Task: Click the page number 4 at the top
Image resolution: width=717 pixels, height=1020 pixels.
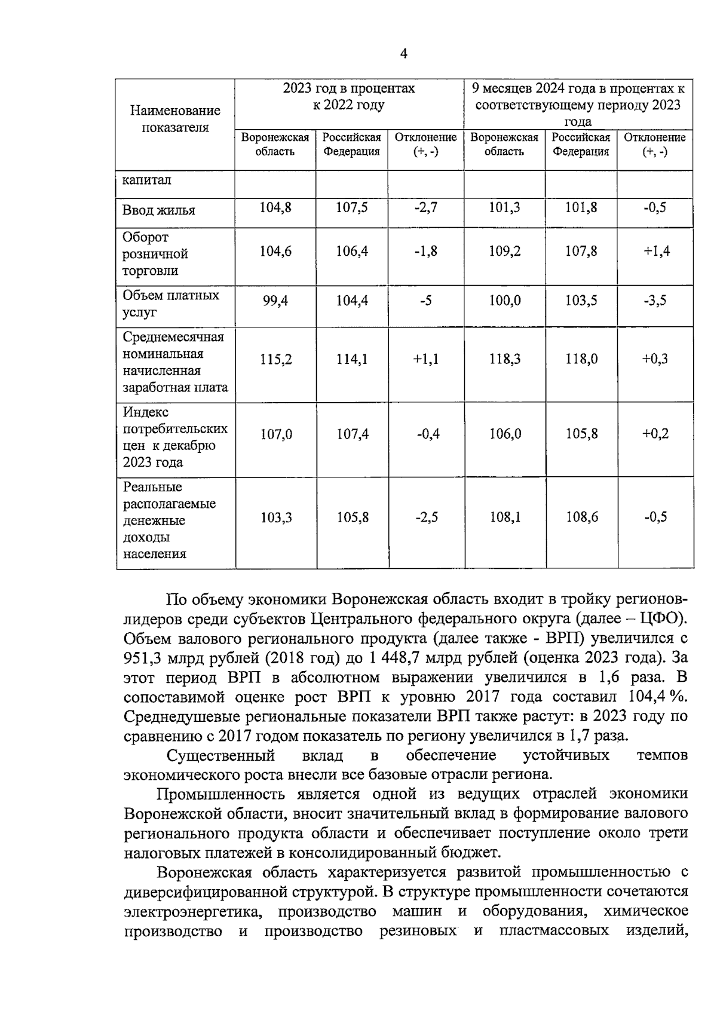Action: pos(403,54)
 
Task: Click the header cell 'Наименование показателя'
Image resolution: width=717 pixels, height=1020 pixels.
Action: pos(175,119)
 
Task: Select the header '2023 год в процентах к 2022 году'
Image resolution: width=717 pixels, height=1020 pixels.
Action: pos(349,97)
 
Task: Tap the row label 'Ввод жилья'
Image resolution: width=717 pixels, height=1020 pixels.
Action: pos(159,210)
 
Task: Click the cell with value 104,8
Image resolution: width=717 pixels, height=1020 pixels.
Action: pos(275,208)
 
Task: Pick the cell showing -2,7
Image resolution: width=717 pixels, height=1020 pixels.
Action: pos(425,208)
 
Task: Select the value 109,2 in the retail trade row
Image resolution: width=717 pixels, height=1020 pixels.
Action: pos(504,252)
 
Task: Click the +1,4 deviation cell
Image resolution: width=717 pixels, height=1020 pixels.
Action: pos(656,252)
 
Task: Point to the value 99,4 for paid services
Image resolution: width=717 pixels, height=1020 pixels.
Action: pos(275,301)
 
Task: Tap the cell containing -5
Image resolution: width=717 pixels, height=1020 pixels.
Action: pos(425,301)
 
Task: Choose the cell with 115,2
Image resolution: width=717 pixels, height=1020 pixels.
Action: pos(275,360)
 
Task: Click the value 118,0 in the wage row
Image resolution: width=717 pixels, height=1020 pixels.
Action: pos(581,359)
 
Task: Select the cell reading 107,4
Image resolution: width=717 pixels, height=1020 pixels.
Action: pos(352,434)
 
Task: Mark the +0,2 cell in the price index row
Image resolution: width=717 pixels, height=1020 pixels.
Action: pos(655,434)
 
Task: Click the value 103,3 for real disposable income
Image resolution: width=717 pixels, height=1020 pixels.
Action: pos(275,518)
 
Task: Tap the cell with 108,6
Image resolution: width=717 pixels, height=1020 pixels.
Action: pos(581,517)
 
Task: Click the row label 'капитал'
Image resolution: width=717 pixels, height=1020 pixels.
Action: pos(147,180)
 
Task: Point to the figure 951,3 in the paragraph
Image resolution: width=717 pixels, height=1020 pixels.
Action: pos(143,658)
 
